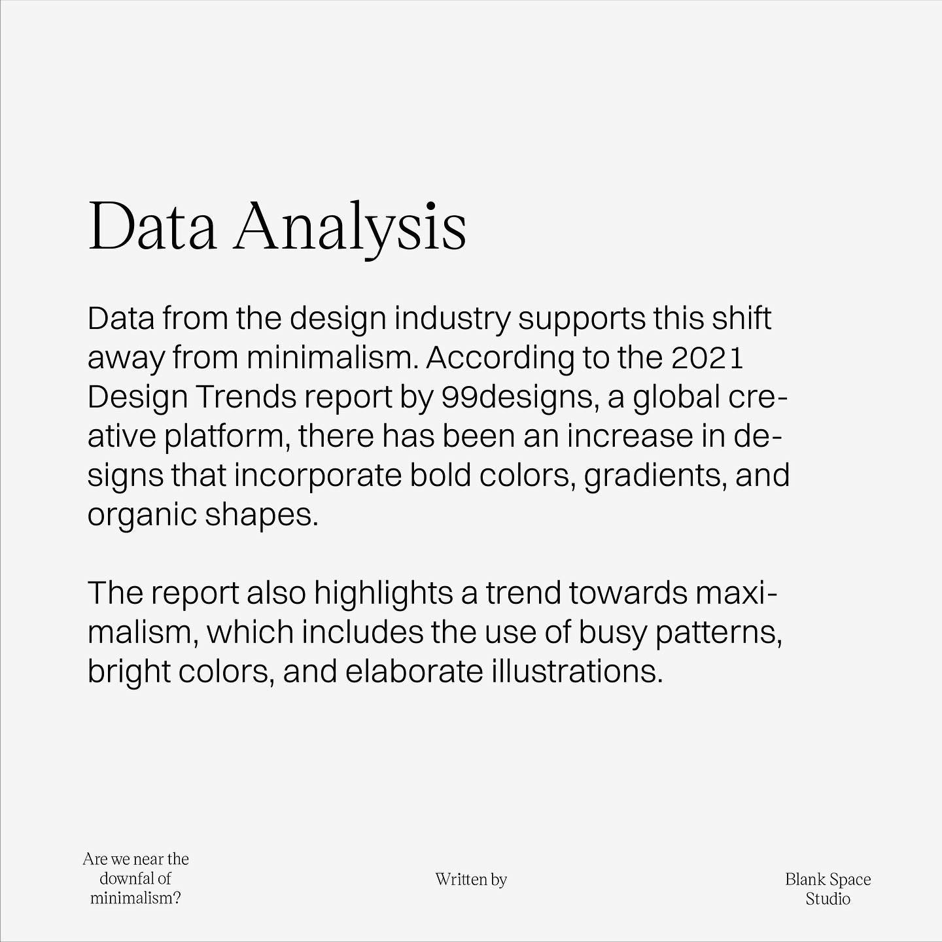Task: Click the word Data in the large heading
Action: [x=152, y=227]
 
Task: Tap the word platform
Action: [x=224, y=436]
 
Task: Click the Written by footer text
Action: [x=471, y=879]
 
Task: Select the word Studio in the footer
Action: [x=828, y=899]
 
